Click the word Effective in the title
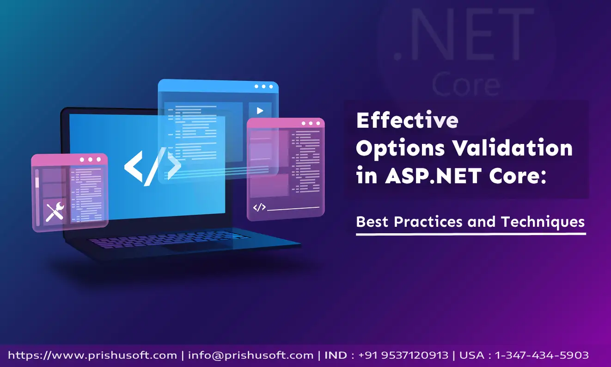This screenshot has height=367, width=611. pos(407,120)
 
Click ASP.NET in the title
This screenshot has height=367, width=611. pos(433,175)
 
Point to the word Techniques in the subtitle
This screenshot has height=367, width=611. pos(543,222)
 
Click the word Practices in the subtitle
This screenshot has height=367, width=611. pos(428,222)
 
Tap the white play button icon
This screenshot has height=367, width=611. pos(260,111)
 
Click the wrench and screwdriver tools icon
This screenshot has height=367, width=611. pos(55,212)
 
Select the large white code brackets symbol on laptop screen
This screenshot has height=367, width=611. pos(153,167)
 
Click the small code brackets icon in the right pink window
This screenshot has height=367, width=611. pos(259,207)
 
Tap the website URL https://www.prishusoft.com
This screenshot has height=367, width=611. pos(92,355)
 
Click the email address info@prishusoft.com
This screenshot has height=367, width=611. pos(251,355)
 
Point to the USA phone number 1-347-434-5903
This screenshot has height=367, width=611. pos(542,355)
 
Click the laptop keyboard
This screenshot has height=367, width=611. pos(169,239)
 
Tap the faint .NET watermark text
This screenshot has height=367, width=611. pos(463,34)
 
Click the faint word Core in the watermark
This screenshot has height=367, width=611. pos(466,83)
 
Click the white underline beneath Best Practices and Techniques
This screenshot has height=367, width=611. pos(471,234)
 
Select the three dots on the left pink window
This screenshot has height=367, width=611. pos(90,160)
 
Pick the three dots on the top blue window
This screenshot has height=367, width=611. pos(264,87)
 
